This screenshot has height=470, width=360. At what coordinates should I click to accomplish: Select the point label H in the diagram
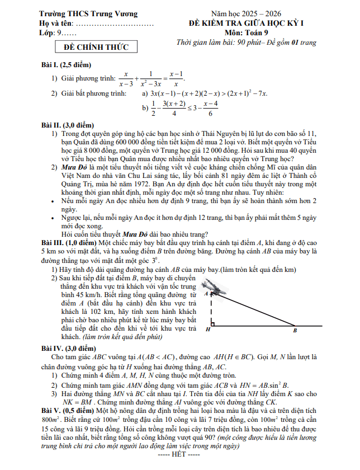208,330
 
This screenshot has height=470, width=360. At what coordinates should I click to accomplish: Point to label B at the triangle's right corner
295,331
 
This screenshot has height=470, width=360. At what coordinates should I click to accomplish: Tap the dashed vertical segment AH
211,309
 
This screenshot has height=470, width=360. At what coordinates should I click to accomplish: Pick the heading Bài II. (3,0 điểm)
68,125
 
